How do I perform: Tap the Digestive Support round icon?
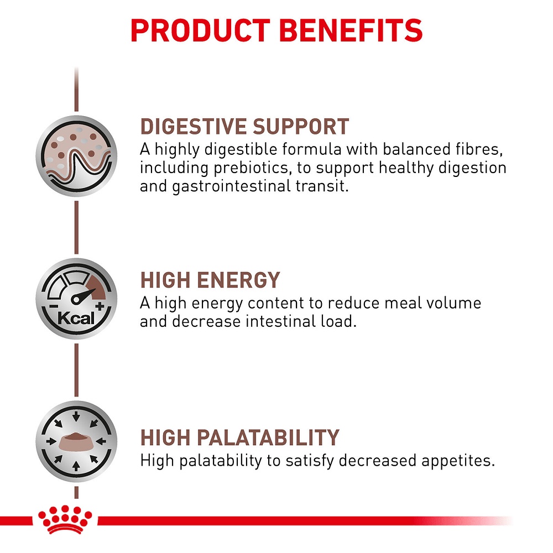point(76,156)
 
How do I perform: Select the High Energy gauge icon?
point(76,299)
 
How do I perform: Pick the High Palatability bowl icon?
point(76,441)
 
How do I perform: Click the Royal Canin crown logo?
point(65,519)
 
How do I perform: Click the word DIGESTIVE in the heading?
point(193,127)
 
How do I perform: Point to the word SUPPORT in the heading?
point(301,127)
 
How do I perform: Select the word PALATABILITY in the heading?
point(268,437)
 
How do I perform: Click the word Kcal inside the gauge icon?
point(76,318)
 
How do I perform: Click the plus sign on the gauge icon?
point(100,306)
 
